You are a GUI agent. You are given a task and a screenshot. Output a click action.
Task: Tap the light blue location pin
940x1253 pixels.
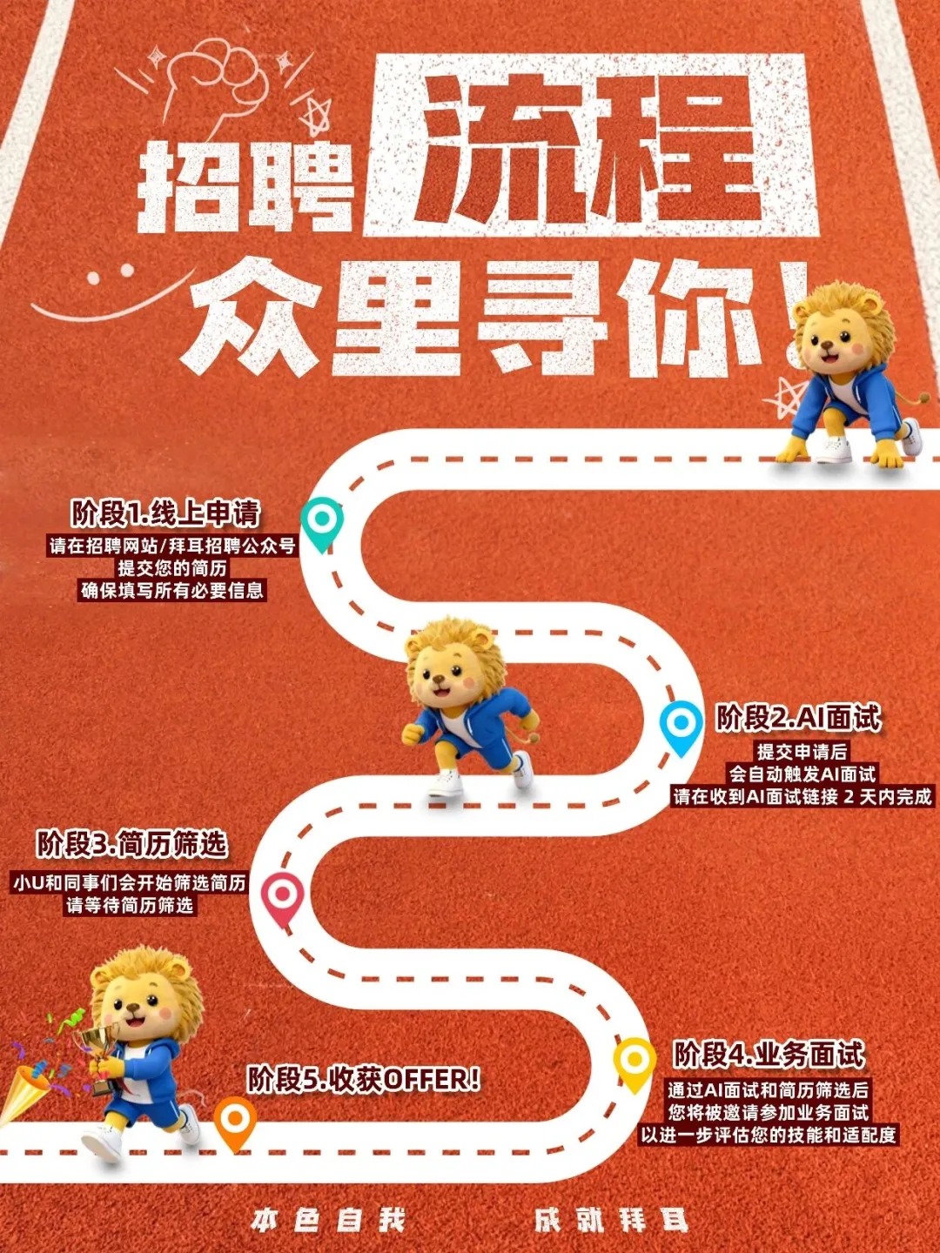681,728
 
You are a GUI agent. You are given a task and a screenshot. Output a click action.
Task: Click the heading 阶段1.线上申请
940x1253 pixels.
165,513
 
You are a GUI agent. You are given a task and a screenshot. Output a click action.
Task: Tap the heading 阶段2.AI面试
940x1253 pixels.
798,718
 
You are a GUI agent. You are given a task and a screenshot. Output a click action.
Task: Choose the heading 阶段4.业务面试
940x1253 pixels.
769,1055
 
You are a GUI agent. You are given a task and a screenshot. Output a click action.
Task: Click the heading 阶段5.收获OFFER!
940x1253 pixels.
364,1080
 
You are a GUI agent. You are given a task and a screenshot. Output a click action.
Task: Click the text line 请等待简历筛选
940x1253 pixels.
131,905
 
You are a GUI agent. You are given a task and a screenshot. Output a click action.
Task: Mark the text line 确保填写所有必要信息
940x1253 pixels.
172,590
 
